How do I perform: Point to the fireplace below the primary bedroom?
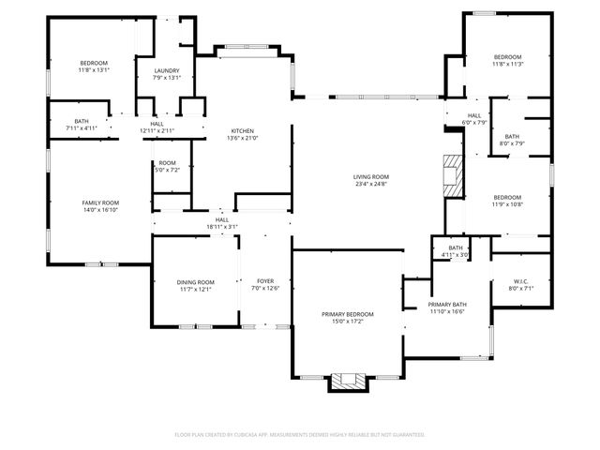tap(348, 381)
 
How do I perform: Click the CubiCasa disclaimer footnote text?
tap(300, 434)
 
